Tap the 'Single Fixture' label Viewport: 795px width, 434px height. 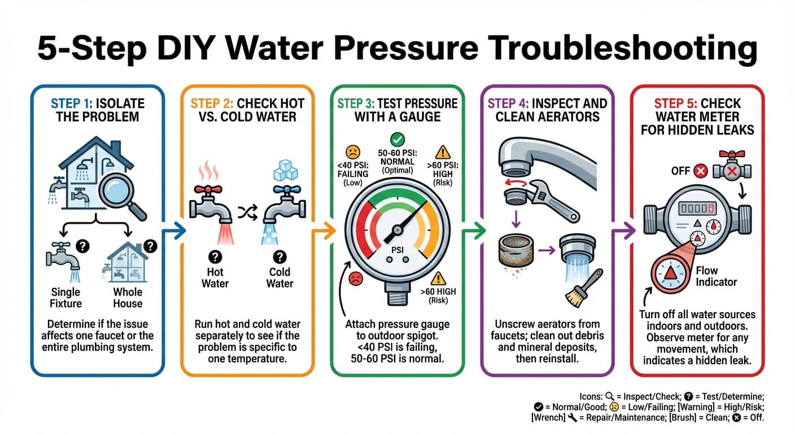[65, 298]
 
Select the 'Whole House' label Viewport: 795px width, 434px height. [128, 298]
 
